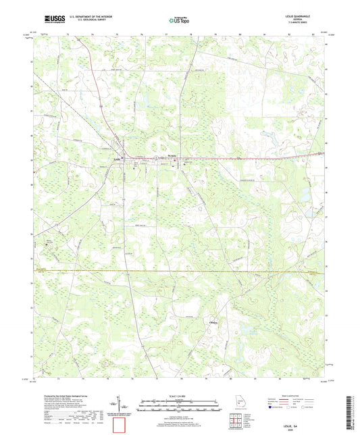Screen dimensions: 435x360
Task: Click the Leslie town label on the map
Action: click(x=118, y=159)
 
